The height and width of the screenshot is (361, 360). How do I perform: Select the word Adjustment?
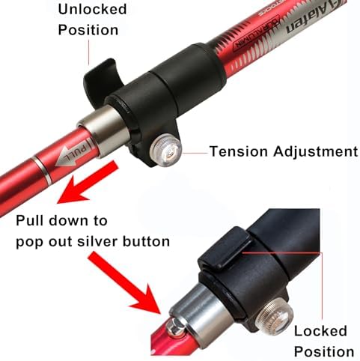315,151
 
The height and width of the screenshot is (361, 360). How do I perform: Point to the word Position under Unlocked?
88,30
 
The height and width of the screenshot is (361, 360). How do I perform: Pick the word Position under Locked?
323,351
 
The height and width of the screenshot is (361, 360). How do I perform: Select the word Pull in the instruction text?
31,221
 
